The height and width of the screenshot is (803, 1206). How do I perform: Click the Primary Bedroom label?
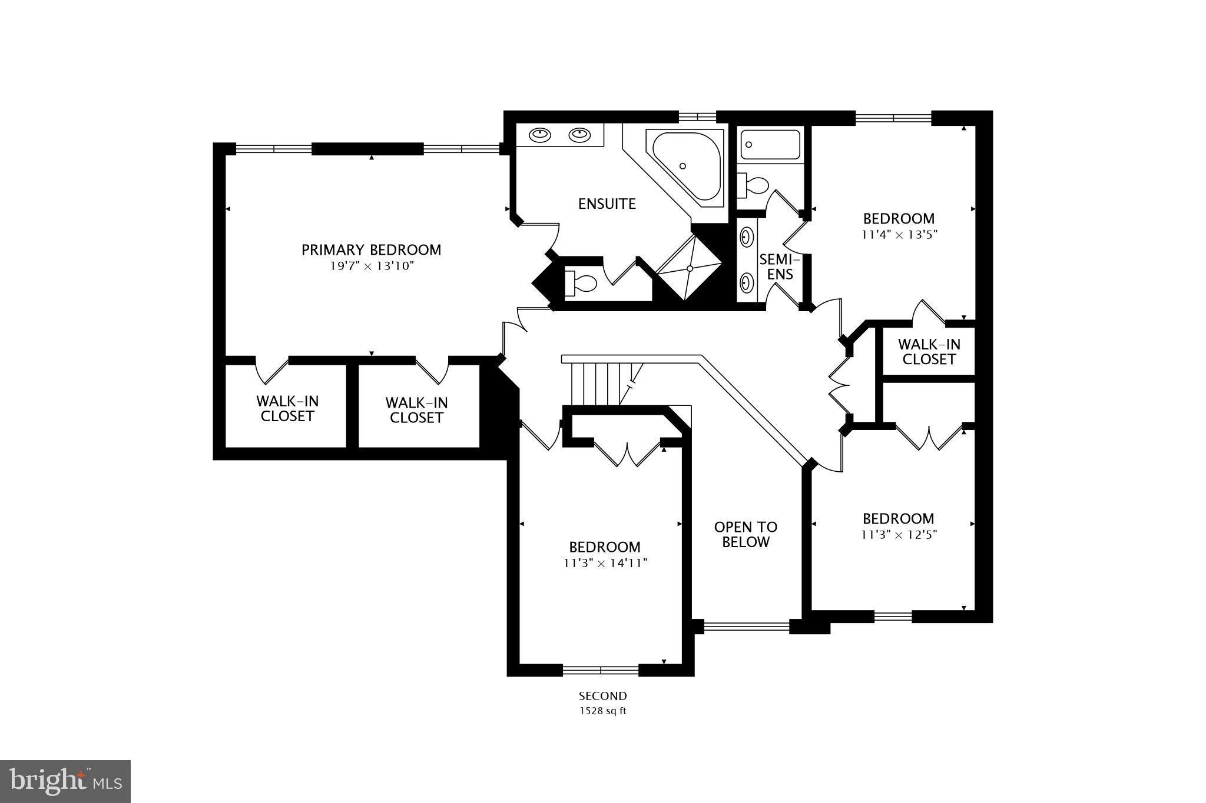point(371,250)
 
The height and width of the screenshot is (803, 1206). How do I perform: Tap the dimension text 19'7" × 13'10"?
point(371,266)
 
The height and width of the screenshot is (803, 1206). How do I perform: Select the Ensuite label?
point(607,204)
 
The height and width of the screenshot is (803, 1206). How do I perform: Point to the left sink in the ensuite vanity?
point(539,135)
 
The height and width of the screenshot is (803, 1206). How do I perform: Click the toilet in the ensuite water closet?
point(580,284)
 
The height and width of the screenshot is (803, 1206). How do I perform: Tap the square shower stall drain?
point(689,268)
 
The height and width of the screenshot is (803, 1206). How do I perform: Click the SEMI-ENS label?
point(779,266)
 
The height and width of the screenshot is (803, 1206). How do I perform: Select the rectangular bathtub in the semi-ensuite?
point(770,145)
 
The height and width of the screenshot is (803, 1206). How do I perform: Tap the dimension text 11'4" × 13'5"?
point(899,234)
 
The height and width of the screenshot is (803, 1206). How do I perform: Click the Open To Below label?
point(746,534)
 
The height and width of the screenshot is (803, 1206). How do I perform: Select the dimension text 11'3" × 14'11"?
point(605,563)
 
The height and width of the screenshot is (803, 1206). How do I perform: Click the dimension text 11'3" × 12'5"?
point(899,535)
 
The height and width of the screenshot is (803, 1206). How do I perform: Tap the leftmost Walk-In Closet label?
point(287,409)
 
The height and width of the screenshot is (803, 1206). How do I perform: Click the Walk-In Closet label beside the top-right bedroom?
point(929,352)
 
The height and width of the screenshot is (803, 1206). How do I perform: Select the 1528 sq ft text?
point(602,711)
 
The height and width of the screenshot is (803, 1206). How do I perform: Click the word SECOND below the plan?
point(602,696)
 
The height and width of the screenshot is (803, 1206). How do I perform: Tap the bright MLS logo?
point(65,781)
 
